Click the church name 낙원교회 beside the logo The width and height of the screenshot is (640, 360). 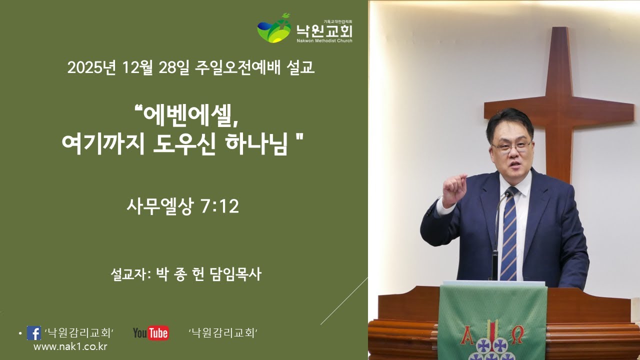[324, 30]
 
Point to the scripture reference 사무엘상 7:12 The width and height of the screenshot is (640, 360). [183, 206]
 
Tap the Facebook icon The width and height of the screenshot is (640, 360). [34, 333]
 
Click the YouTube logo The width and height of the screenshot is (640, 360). [150, 333]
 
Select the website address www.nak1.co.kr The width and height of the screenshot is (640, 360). [70, 346]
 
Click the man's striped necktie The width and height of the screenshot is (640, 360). [509, 235]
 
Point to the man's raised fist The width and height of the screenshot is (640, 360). [454, 189]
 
